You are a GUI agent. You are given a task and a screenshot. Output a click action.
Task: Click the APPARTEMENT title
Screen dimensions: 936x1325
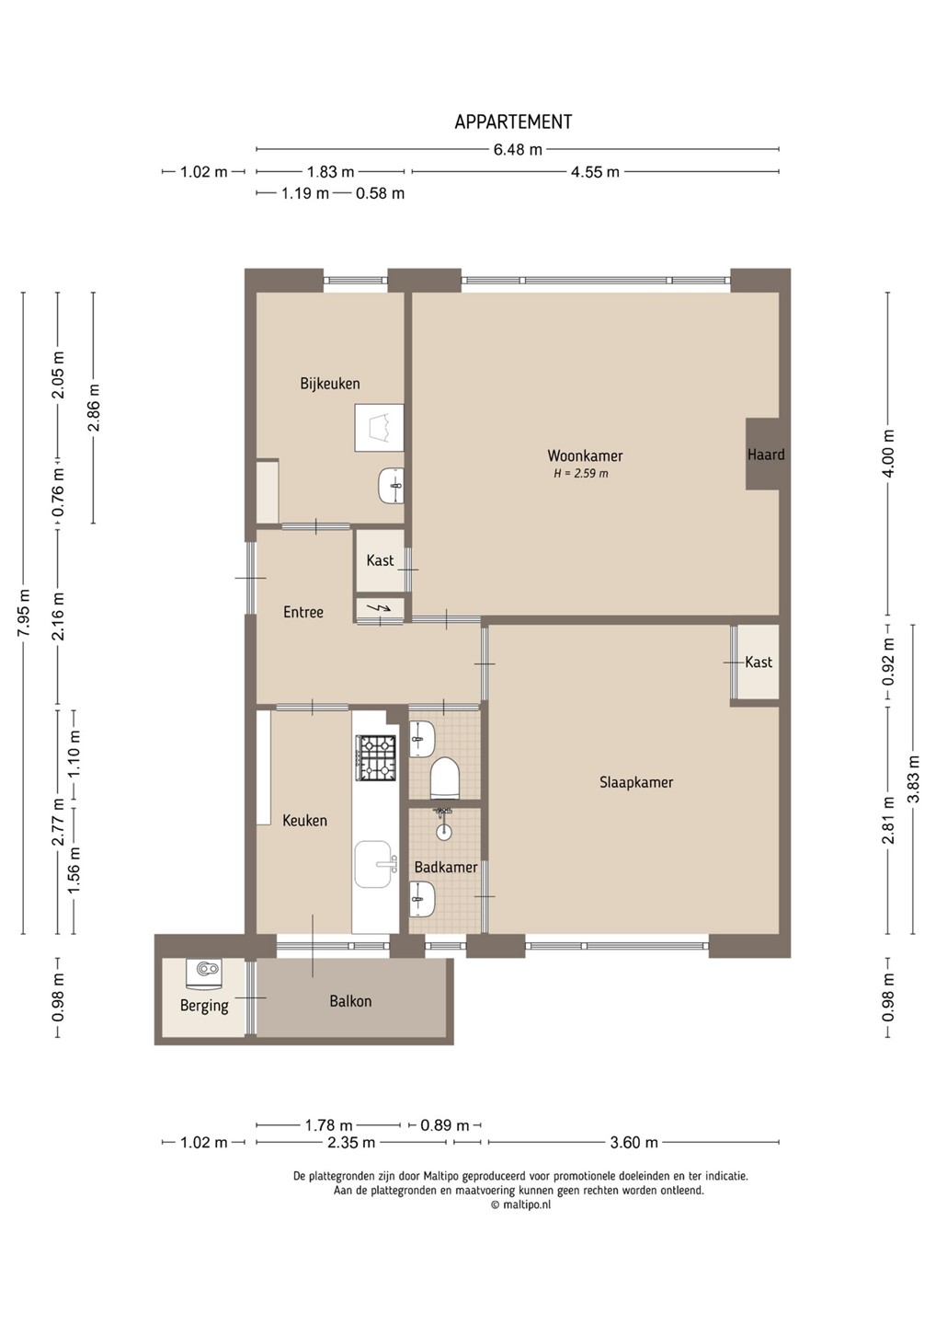[513, 121]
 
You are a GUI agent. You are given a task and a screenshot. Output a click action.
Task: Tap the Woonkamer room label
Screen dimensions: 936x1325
[585, 455]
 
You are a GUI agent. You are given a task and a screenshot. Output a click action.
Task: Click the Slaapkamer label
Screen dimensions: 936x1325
[636, 782]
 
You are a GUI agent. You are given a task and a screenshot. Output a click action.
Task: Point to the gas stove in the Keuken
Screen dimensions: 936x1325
[374, 757]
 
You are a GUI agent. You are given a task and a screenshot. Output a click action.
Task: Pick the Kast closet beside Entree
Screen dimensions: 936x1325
[380, 560]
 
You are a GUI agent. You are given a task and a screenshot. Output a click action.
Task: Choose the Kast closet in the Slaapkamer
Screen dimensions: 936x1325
[759, 662]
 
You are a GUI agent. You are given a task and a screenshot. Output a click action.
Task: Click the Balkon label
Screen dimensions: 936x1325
[350, 1001]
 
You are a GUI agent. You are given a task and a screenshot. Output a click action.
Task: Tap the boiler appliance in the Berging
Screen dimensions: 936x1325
[205, 974]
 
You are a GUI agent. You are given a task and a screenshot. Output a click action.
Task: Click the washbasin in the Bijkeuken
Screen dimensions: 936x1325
[391, 486]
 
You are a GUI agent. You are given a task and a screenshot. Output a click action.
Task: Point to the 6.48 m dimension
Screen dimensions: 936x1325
[518, 149]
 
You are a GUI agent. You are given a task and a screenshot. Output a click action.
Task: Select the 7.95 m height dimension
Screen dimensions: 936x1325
[24, 613]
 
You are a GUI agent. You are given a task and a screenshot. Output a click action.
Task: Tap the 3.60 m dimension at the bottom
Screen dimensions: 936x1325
[634, 1142]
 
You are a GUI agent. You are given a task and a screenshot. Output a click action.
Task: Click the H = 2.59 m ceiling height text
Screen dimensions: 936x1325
[581, 474]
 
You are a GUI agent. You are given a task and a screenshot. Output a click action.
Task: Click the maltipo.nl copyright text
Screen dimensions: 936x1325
[520, 1204]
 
